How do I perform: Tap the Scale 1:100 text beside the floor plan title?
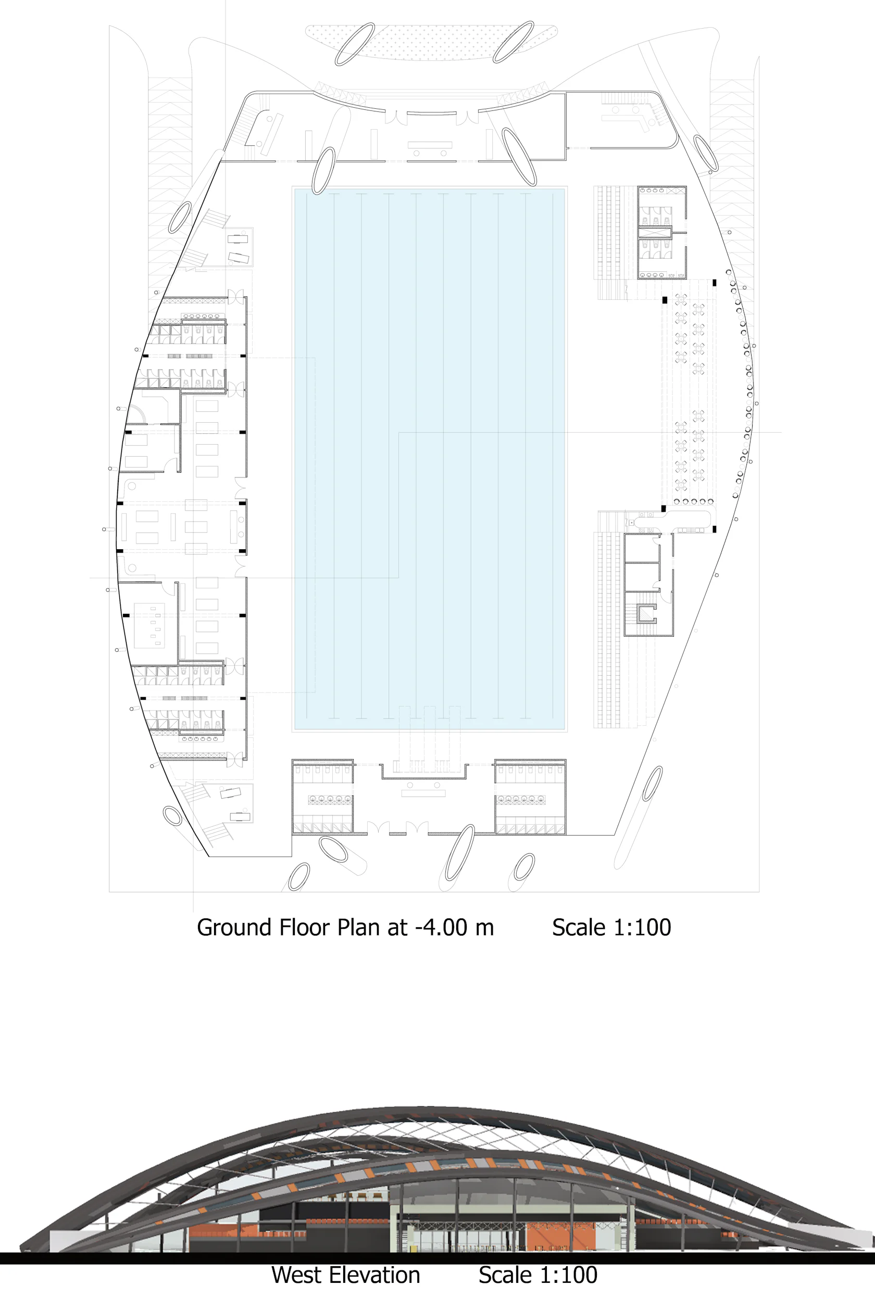611,928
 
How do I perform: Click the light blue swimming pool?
430,459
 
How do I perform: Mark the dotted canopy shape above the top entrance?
431,42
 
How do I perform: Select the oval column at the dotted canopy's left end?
354,44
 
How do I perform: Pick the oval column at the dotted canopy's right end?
514,42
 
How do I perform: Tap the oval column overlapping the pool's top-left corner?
323,170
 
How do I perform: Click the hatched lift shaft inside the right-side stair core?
647,614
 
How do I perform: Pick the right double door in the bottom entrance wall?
417,828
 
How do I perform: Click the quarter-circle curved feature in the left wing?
136,414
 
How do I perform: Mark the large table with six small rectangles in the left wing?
149,625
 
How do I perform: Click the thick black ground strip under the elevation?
438,1258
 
